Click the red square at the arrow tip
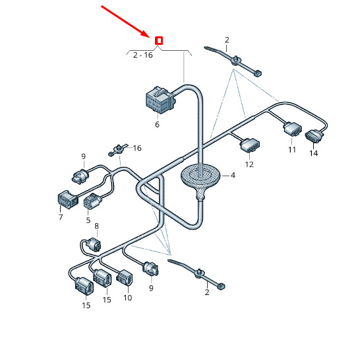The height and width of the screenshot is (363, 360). (159, 41)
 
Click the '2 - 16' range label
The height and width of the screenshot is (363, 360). (143, 55)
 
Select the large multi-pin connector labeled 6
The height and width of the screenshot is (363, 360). (160, 100)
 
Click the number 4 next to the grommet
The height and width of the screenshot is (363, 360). (233, 176)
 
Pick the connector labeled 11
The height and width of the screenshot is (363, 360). (293, 129)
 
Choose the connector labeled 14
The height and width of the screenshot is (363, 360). (314, 136)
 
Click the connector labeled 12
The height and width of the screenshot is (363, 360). (250, 145)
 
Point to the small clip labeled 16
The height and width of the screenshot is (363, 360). (118, 150)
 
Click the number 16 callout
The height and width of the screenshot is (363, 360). (137, 148)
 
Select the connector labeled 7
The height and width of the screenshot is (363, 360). (67, 199)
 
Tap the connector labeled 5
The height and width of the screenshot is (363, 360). (92, 201)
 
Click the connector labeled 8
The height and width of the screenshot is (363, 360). (94, 244)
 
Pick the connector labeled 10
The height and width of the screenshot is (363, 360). (124, 279)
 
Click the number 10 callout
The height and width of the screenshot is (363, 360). (127, 298)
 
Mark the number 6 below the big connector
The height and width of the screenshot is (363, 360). (157, 125)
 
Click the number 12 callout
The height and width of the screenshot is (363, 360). (249, 164)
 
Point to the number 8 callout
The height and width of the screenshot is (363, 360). (97, 226)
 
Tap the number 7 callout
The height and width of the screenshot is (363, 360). (61, 217)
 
